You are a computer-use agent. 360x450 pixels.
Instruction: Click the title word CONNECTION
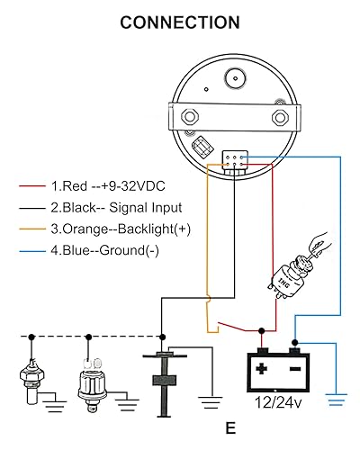[180, 22]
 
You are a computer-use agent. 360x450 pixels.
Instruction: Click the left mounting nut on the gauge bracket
[191, 117]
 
